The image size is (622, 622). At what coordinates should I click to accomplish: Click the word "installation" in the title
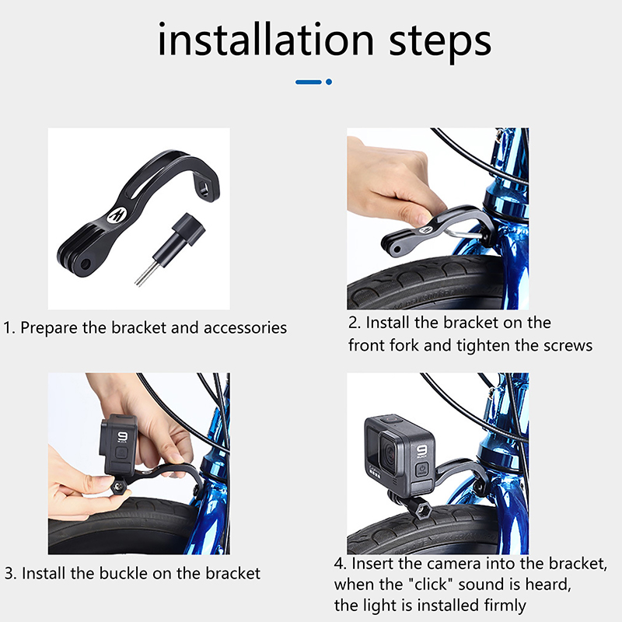tap(266, 40)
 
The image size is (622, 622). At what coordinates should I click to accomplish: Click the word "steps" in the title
tap(440, 43)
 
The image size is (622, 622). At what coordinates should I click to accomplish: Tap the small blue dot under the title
tap(328, 82)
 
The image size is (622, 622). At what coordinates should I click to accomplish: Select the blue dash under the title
tap(308, 82)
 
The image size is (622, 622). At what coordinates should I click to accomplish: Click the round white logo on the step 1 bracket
tap(117, 215)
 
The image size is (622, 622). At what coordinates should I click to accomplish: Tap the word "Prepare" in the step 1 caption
tap(49, 328)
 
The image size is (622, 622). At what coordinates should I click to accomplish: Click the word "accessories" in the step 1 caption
tap(245, 328)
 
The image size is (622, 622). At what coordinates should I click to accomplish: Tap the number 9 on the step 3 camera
tap(122, 436)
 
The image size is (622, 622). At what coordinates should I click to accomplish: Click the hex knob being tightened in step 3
tap(119, 487)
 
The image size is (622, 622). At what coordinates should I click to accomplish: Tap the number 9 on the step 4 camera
tap(421, 451)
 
